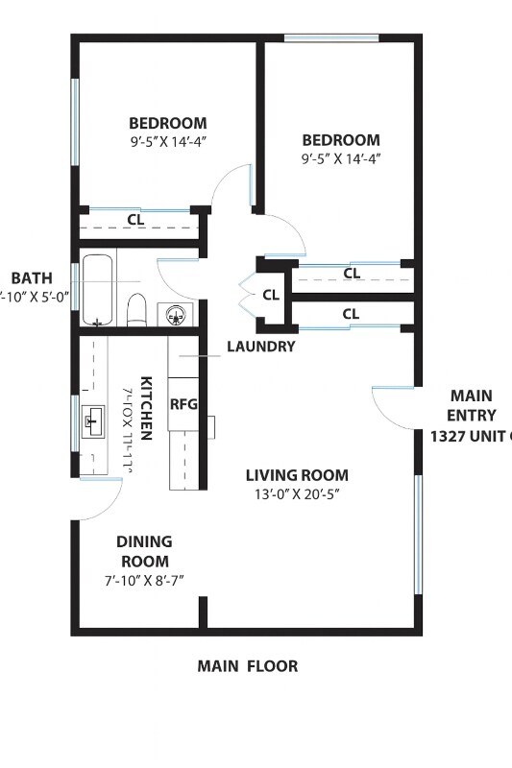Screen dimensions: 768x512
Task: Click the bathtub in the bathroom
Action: (x=98, y=288)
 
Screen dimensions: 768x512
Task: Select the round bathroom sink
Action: (x=176, y=314)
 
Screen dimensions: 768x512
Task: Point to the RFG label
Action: (x=183, y=404)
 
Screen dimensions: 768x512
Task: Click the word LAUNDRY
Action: (x=260, y=347)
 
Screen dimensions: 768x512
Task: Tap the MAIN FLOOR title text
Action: (x=248, y=665)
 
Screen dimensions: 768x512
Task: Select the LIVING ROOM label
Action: (x=297, y=475)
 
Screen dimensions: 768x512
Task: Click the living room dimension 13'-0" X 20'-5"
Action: (x=296, y=494)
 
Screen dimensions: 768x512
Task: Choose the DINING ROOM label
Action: (x=144, y=551)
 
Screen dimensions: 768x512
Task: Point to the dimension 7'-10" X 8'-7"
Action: (x=144, y=581)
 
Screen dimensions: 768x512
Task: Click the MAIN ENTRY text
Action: (x=471, y=405)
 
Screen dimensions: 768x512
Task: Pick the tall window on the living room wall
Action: (x=418, y=533)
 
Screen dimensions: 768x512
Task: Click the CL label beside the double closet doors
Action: (x=271, y=295)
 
